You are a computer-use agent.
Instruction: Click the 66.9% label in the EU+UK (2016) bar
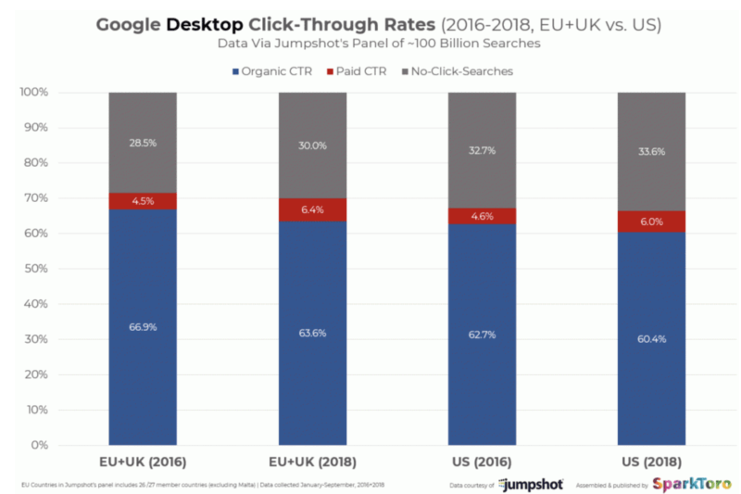(x=143, y=325)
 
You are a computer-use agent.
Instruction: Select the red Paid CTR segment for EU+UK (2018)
(x=312, y=210)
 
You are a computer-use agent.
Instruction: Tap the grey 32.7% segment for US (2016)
(x=482, y=149)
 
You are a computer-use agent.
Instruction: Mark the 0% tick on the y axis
(x=39, y=445)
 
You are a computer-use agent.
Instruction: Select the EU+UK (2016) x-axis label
(x=143, y=461)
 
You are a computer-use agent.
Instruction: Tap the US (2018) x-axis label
(x=651, y=461)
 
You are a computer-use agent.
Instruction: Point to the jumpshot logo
(x=529, y=484)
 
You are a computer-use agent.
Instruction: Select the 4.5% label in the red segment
(x=143, y=201)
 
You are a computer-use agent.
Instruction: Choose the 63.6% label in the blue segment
(x=312, y=332)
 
